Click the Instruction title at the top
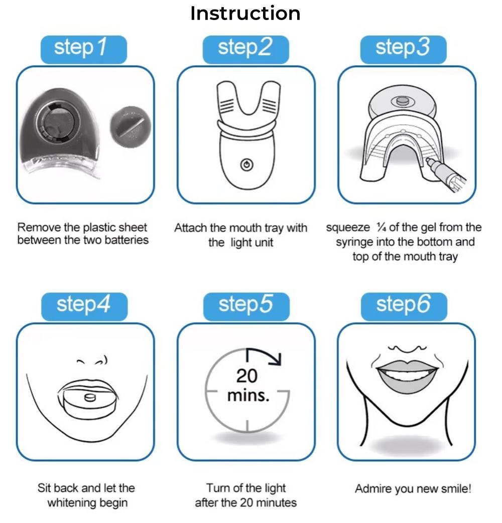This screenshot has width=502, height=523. point(245,14)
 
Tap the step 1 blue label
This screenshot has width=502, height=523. point(83,49)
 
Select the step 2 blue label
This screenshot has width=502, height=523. point(245,49)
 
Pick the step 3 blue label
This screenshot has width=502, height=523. point(403,49)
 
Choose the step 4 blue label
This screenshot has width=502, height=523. point(84,306)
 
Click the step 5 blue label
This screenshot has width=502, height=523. point(246,306)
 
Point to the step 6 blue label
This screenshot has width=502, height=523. point(404,306)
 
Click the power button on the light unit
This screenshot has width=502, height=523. point(247,165)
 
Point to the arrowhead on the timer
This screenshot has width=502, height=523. point(276,359)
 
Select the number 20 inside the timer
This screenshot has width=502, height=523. point(247,376)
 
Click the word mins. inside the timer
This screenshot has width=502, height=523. point(248,396)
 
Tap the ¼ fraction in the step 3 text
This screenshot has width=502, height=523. point(381,227)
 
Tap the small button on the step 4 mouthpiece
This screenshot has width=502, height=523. point(90,397)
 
